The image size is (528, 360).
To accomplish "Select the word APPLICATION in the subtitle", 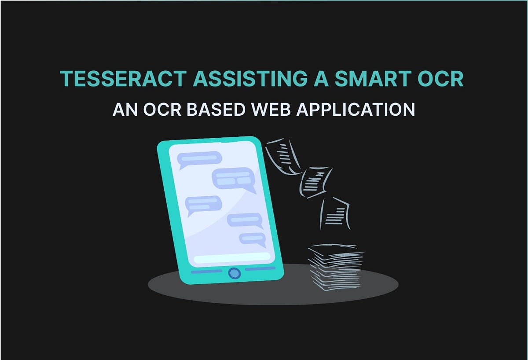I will pyautogui.click(x=356, y=109).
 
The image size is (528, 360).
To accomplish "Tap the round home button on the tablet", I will pyautogui.click(x=235, y=273).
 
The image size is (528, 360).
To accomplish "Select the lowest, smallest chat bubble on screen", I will pyautogui.click(x=253, y=239).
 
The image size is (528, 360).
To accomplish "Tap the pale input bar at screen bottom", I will pyautogui.click(x=232, y=257).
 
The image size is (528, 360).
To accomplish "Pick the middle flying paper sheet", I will pyautogui.click(x=316, y=181).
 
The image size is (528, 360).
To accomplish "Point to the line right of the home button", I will pyautogui.click(x=260, y=268).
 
